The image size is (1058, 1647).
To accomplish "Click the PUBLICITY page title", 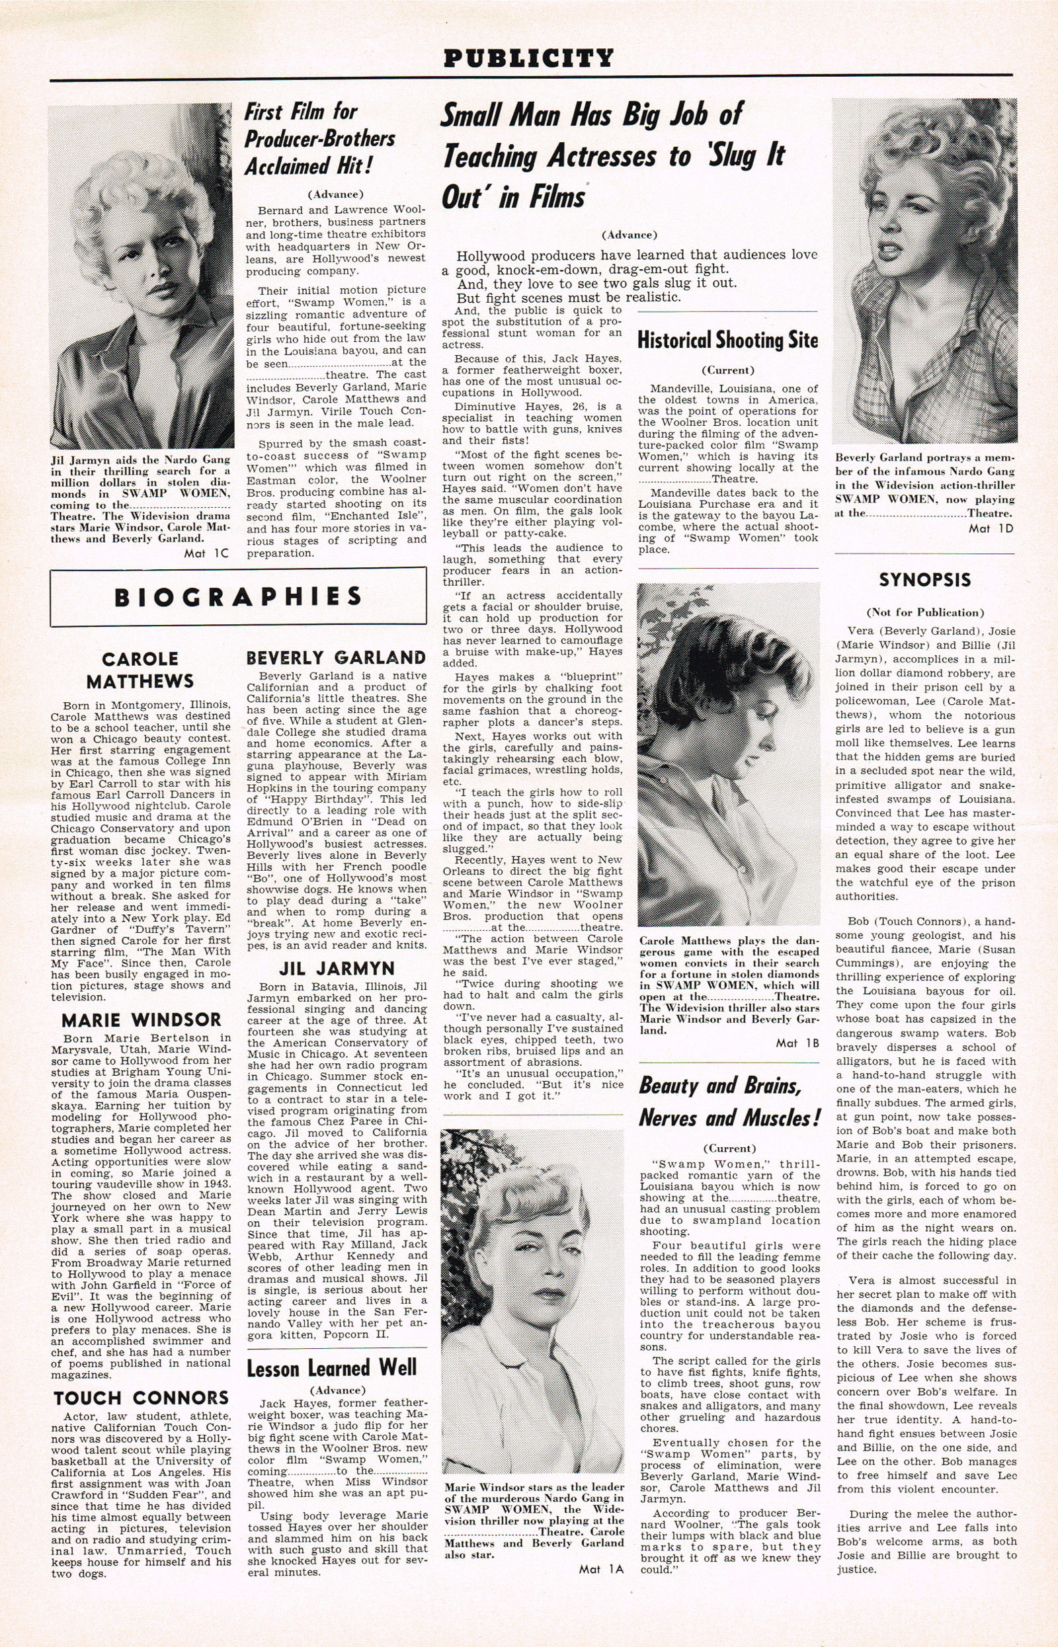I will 528,58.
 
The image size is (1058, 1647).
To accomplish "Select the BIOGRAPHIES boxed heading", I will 237,597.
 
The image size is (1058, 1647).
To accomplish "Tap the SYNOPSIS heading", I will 924,580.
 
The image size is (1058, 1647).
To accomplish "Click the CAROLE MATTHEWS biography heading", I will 140,670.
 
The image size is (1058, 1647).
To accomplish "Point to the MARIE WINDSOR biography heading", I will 142,1020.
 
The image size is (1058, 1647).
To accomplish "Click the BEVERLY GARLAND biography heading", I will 336,657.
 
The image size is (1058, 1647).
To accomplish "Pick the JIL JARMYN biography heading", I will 337,969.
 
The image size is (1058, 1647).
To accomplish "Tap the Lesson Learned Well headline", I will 332,1367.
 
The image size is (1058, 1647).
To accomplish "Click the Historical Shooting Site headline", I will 727,340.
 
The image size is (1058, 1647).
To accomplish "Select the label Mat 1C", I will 206,553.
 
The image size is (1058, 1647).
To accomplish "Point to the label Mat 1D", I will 991,528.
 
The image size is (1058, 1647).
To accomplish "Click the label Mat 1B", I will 797,1043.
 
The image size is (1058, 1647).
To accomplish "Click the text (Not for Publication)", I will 924,612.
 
